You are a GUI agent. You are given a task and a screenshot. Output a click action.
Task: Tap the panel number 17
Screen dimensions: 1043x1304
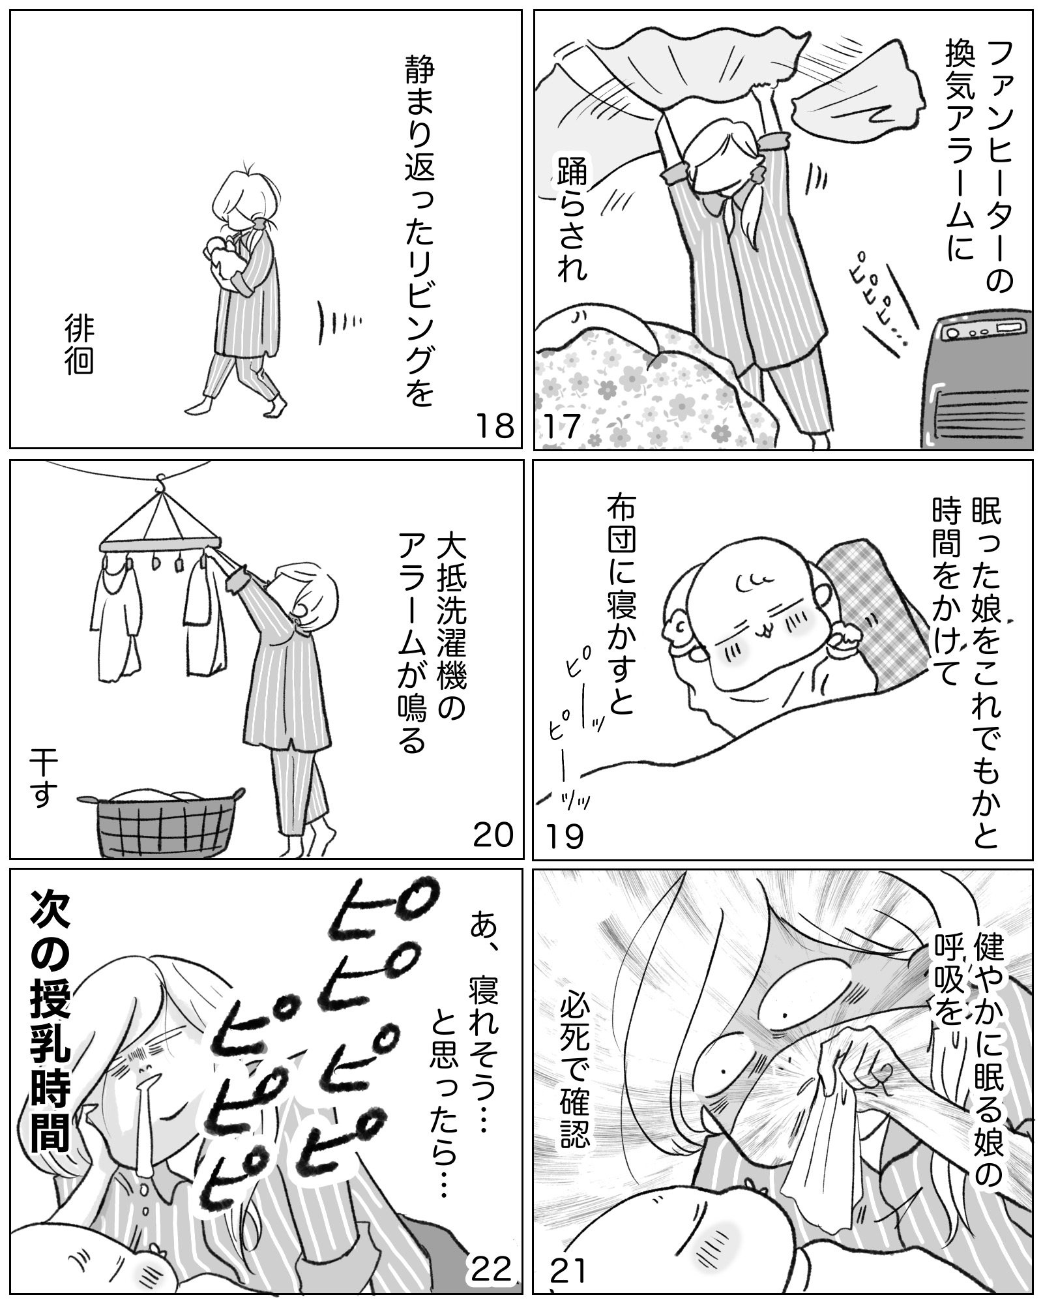click(x=562, y=427)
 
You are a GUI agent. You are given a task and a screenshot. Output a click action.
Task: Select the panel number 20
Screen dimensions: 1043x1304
click(x=493, y=835)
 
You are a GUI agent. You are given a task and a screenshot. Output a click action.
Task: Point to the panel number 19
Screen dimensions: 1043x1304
click(x=565, y=835)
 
